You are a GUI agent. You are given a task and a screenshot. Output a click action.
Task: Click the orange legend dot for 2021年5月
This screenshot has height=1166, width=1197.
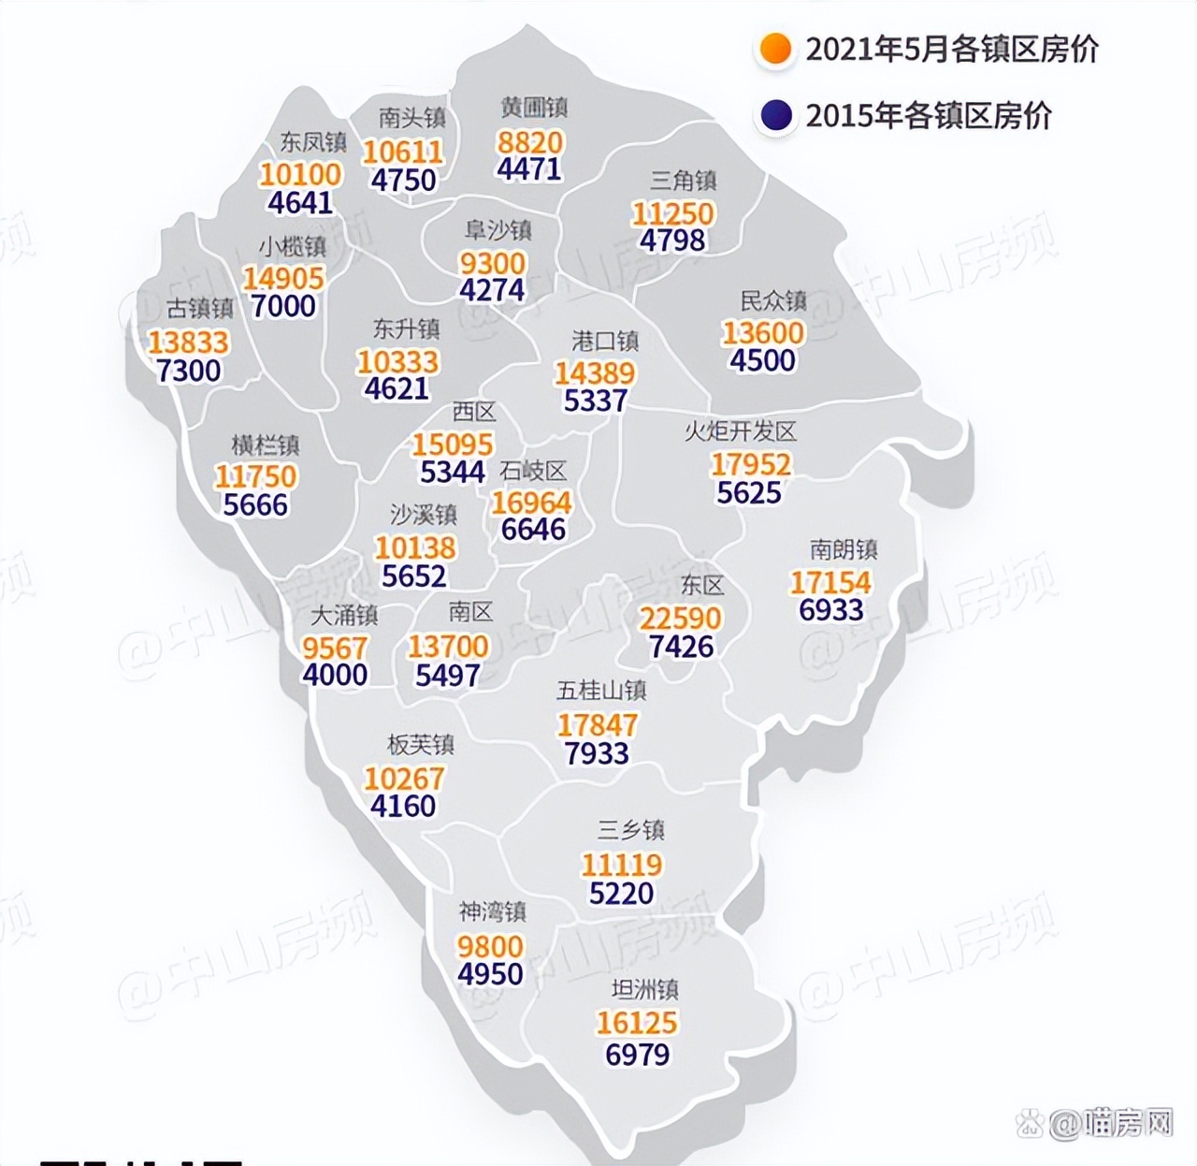point(775,49)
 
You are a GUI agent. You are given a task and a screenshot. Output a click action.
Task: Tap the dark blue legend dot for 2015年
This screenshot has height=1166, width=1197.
point(775,116)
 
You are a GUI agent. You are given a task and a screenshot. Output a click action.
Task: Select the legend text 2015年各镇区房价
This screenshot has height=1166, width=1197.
point(929,116)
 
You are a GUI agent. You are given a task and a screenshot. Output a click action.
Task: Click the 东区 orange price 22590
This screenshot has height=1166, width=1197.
point(680,619)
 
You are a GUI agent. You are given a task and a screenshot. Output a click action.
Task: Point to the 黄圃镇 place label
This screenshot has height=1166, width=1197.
point(533,108)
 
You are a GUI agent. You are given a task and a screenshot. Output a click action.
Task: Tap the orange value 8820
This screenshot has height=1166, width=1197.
point(530,142)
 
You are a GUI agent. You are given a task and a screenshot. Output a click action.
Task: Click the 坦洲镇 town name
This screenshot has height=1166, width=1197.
point(644,989)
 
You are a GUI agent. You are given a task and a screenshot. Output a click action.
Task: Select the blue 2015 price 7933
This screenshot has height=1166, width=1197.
point(597,753)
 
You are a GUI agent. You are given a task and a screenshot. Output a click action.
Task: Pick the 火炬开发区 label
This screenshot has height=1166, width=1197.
point(740,431)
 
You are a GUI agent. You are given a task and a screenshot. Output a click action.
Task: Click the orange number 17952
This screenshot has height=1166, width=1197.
point(750,464)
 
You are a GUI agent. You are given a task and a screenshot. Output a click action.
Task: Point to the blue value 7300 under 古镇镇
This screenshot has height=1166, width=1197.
point(189,372)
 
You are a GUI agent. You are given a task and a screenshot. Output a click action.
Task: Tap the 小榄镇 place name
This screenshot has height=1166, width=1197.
point(293,246)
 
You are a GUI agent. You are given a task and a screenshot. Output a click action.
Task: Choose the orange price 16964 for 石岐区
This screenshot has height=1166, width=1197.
point(531,503)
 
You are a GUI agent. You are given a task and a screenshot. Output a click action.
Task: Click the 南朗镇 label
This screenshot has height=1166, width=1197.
point(843,549)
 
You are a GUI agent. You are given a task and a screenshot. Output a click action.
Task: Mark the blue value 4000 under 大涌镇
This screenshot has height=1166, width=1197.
point(335,675)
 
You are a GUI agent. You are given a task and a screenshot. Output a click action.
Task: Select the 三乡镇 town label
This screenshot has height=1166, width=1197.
point(631,830)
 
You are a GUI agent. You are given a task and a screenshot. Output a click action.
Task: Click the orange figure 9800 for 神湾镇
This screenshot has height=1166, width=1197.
point(490,946)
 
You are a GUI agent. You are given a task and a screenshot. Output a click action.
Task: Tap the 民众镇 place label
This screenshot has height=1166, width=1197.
point(772,300)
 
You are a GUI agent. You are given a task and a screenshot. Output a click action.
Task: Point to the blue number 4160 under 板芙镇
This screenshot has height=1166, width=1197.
point(403,806)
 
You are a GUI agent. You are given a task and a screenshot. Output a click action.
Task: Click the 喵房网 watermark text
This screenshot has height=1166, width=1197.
point(1127,1122)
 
